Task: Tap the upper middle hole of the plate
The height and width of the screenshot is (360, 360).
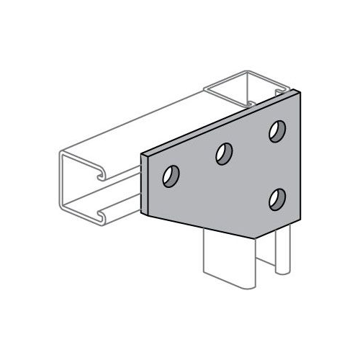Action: pyautogui.click(x=224, y=153)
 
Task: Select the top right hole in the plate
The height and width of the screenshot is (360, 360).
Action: pyautogui.click(x=276, y=131)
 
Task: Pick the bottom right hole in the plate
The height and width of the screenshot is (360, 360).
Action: pyautogui.click(x=276, y=197)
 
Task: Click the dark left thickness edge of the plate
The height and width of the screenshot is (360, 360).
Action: pyautogui.click(x=145, y=183)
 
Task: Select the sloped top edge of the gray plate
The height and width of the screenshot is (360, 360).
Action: pyautogui.click(x=216, y=122)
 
